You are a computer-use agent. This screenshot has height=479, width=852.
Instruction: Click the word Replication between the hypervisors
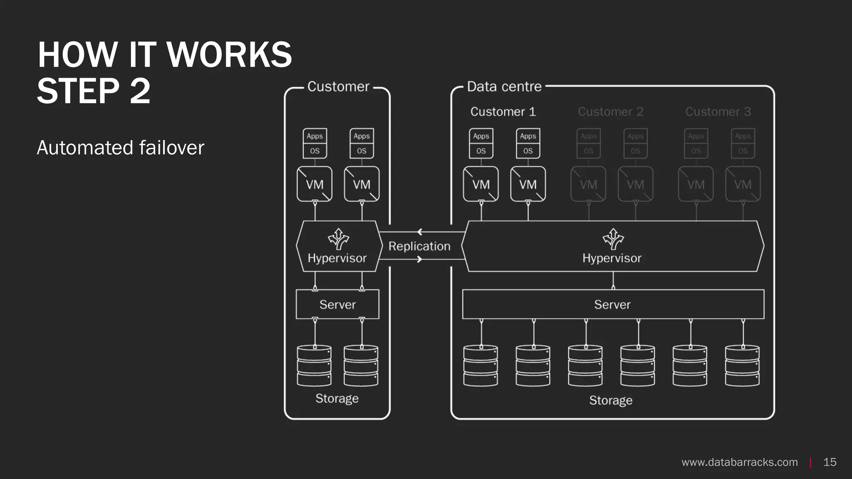419,246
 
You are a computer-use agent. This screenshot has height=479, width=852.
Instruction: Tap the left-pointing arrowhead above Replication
420,232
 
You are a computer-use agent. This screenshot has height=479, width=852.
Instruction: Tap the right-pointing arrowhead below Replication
419,259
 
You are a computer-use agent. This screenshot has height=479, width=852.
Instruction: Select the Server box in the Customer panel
337,304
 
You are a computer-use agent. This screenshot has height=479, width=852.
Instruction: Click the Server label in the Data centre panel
612,304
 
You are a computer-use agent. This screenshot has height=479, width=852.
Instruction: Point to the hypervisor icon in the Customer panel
338,239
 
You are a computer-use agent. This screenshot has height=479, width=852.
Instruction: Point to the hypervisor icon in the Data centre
613,239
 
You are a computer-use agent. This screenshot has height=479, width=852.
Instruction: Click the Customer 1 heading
503,111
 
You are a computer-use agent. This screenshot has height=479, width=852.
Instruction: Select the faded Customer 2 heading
610,111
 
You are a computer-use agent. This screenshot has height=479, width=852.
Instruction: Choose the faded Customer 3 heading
718,111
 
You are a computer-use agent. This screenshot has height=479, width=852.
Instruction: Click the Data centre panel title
504,86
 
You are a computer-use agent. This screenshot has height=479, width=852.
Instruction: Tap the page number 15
830,462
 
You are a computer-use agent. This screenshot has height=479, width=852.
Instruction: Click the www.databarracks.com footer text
739,462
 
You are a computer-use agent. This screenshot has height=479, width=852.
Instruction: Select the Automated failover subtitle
121,148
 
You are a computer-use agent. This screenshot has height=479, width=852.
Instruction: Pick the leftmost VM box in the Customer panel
315,184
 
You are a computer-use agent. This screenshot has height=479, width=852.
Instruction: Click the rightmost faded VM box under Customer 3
743,184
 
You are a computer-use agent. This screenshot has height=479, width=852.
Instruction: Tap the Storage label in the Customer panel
337,398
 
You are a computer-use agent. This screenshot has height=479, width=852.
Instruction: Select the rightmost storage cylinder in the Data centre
742,365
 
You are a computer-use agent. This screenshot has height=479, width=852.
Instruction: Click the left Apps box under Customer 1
481,136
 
